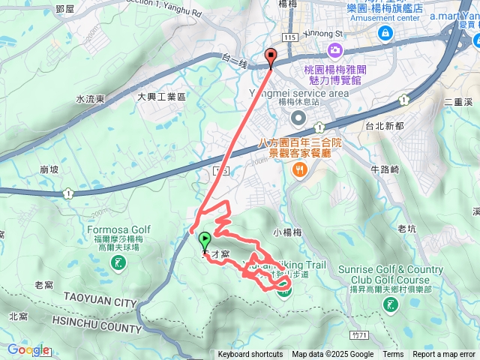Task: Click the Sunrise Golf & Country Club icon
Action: (390, 304)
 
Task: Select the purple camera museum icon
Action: (334, 49)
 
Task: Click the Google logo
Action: (28, 349)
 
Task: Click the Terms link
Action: (393, 355)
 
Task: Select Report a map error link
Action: (443, 355)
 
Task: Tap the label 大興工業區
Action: (160, 97)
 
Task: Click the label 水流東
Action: (90, 98)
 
